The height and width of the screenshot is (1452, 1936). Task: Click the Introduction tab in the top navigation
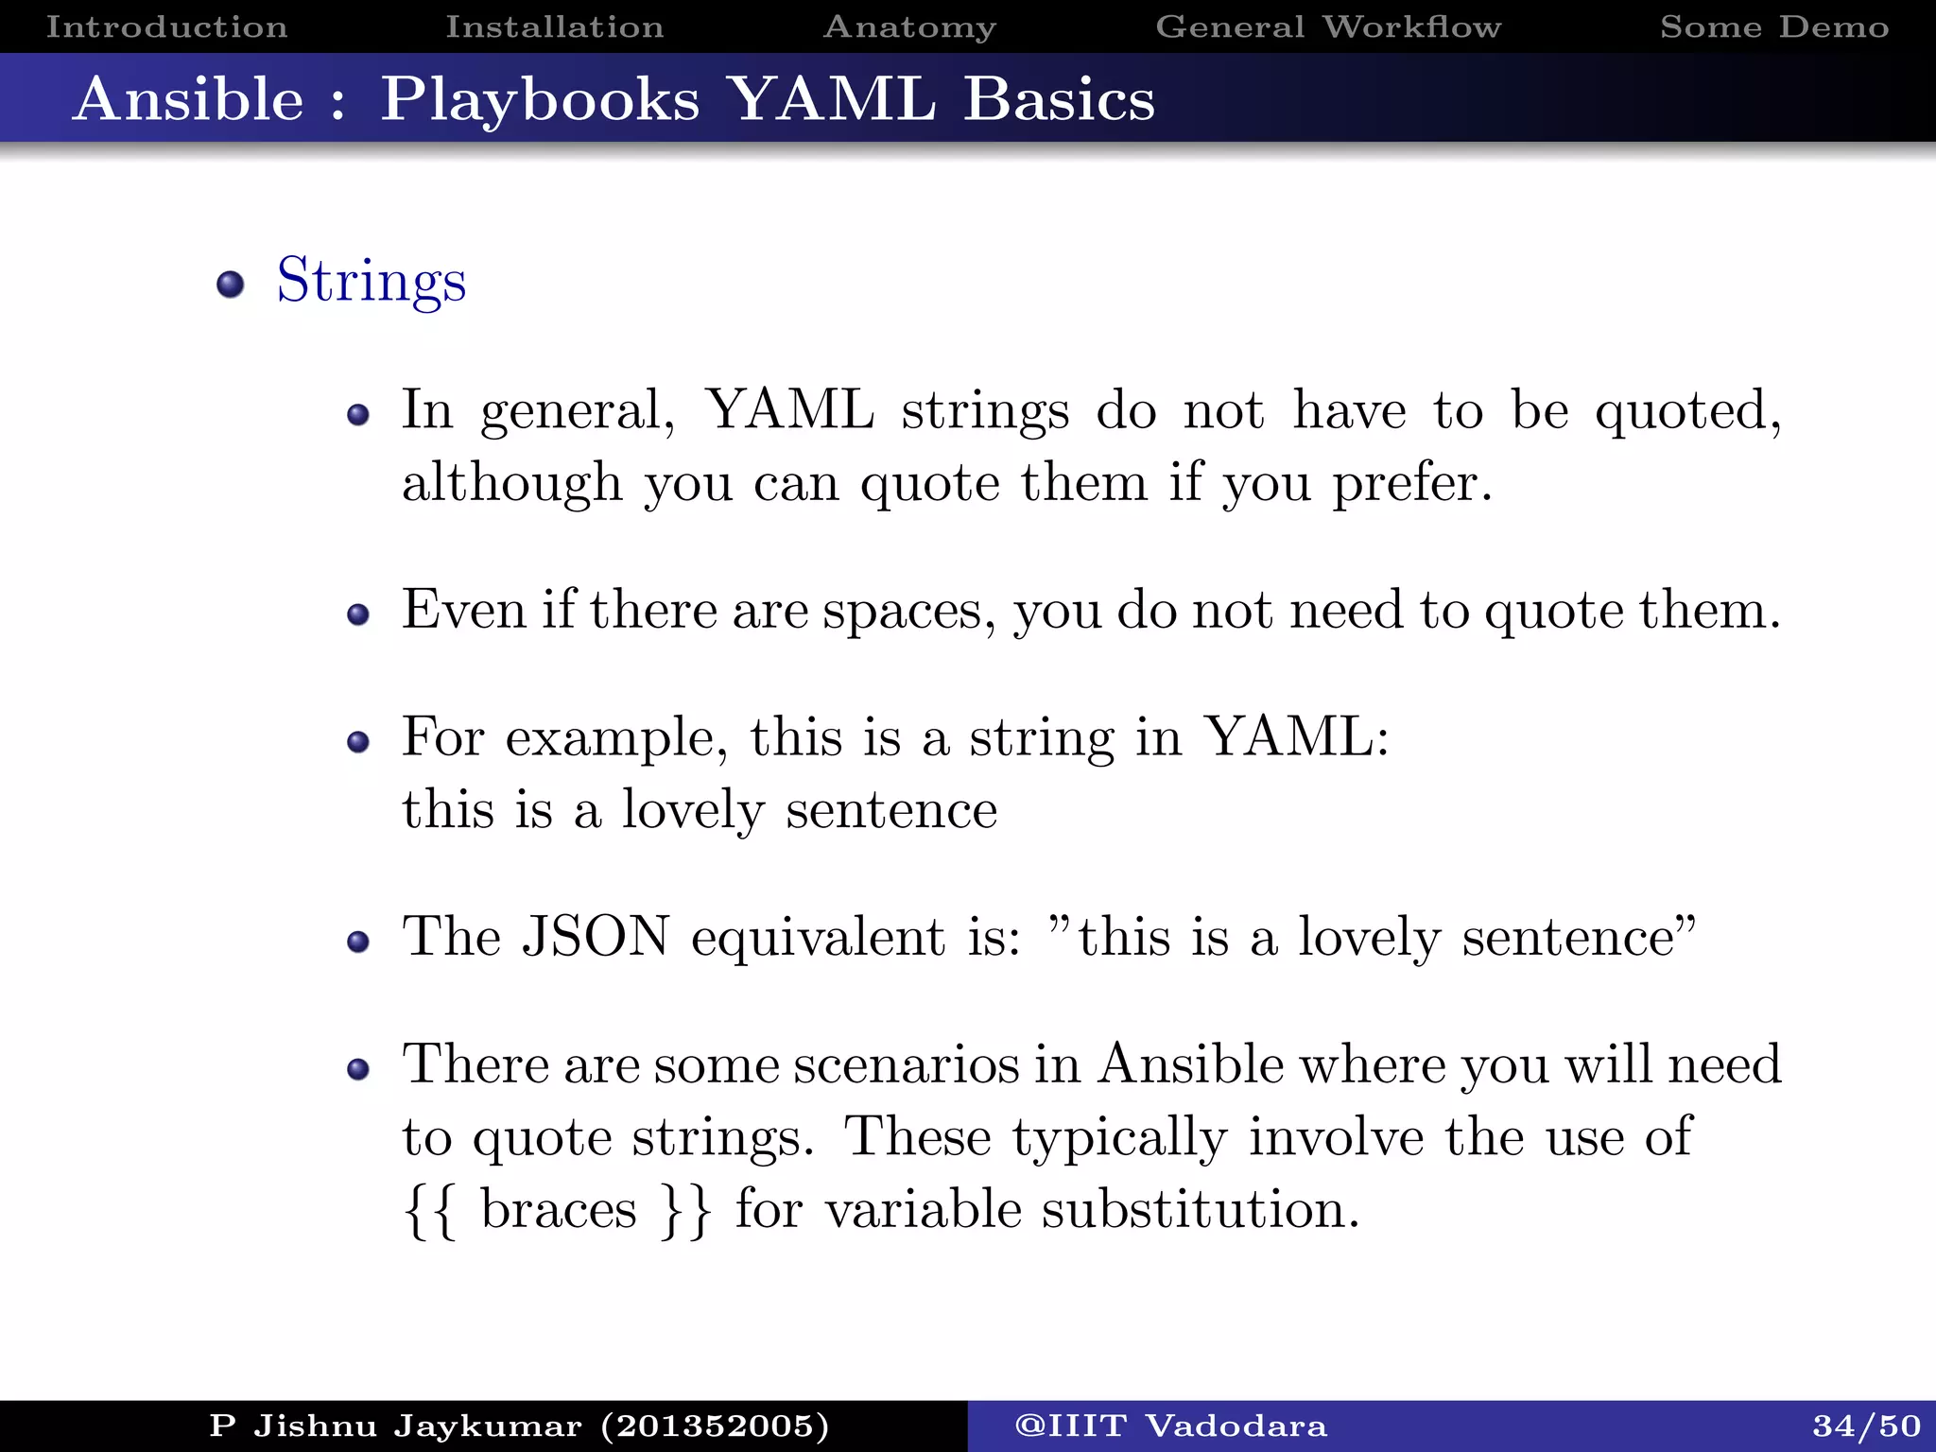coord(166,26)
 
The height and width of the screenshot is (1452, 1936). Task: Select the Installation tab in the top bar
coord(555,26)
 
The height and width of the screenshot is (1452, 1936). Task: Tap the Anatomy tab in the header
coord(909,26)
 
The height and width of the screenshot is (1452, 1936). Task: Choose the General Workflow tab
coord(1328,26)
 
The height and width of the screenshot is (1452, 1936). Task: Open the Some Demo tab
coord(1774,26)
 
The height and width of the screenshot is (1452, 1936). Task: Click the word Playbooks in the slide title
coord(540,99)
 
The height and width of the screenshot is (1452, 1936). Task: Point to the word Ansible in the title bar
coord(189,99)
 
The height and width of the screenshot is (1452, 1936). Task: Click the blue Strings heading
coord(372,281)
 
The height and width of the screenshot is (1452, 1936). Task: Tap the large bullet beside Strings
coord(230,284)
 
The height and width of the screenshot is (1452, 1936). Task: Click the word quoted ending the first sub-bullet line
coord(1687,412)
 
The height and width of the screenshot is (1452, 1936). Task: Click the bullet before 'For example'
coord(357,742)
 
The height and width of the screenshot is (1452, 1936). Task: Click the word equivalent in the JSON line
coord(818,939)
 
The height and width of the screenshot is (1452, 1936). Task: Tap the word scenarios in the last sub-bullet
coord(906,1065)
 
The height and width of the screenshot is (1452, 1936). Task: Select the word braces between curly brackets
coord(559,1210)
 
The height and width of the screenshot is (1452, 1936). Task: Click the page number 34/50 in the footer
coord(1866,1426)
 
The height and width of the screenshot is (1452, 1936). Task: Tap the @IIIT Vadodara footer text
coord(1170,1426)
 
